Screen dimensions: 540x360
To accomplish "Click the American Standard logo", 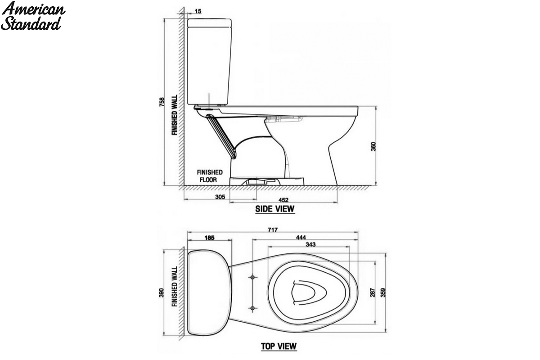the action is tap(33, 16).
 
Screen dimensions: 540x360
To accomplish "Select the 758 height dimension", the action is tap(162, 102).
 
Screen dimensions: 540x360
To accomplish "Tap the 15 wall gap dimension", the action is tap(198, 11).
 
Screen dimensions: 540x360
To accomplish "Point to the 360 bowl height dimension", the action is tap(373, 147).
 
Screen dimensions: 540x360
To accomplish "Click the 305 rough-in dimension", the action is tap(220, 197).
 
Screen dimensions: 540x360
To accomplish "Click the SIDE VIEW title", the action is tap(275, 209).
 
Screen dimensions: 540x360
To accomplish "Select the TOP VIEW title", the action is tap(279, 346).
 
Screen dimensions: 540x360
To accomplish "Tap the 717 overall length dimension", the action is tap(273, 230).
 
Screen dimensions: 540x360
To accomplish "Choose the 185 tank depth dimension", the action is tap(209, 238).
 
